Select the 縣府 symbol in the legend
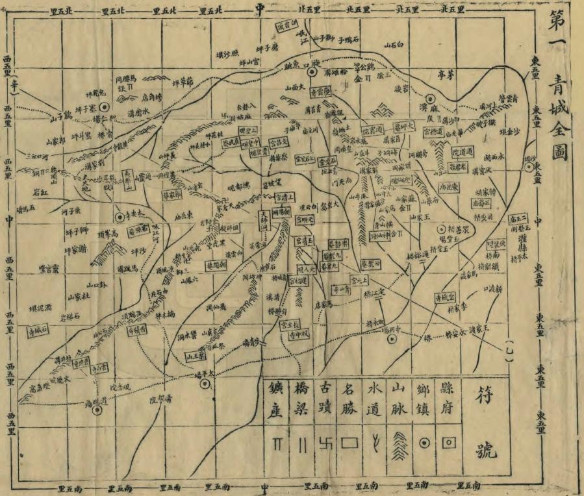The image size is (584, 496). tap(448, 443)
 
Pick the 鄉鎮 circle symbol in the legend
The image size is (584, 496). tap(424, 443)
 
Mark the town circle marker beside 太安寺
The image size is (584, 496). tap(120, 218)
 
